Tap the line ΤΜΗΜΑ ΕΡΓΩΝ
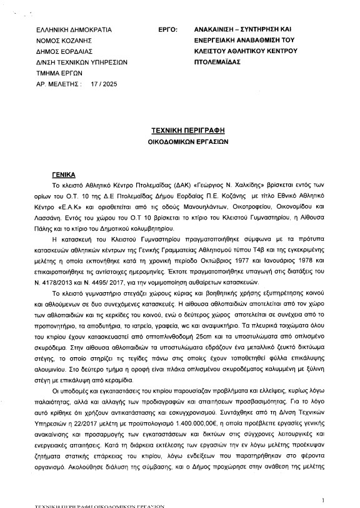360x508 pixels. coord(61,72)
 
